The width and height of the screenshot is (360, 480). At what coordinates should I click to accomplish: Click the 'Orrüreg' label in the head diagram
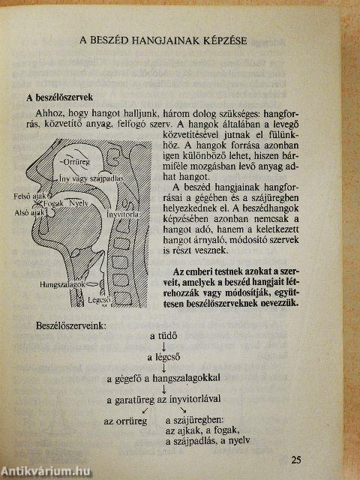[x=77, y=161]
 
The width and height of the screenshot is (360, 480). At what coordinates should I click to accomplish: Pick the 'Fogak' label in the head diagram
[x=53, y=203]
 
